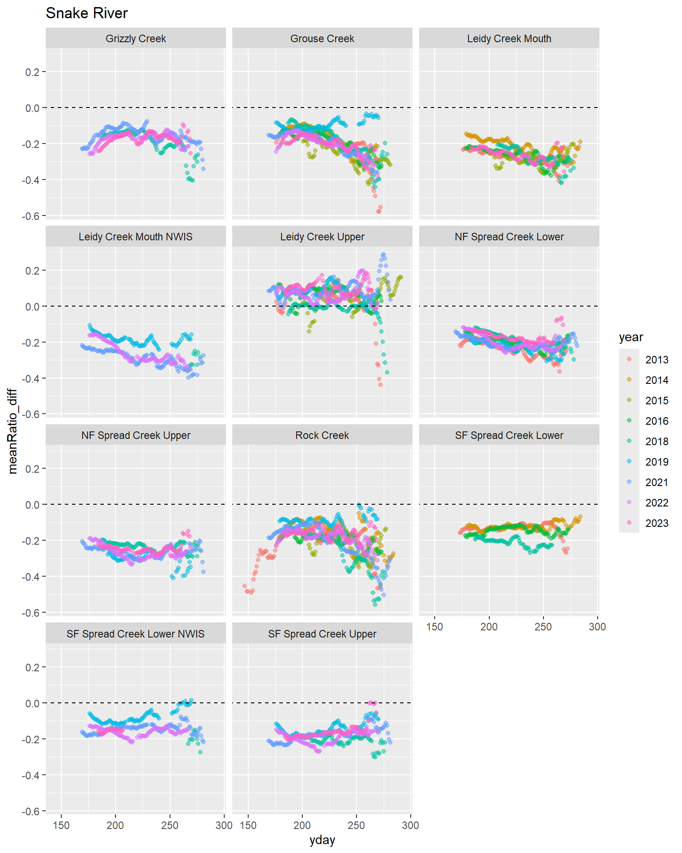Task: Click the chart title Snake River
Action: (87, 13)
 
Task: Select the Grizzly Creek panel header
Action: (135, 39)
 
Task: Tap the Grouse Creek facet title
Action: (322, 39)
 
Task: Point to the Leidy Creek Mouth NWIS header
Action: (135, 237)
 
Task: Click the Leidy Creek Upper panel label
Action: (322, 237)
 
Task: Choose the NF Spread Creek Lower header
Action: (509, 237)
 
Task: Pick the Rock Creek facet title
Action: (322, 435)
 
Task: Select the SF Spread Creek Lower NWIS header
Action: (135, 634)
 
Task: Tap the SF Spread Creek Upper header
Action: (322, 634)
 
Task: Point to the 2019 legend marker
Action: (629, 462)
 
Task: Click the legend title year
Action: (630, 337)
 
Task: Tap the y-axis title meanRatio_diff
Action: (12, 431)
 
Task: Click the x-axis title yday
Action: (322, 840)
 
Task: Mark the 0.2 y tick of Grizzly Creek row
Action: (32, 72)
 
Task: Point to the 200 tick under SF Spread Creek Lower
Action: (489, 627)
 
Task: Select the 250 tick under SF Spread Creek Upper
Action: (356, 825)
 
